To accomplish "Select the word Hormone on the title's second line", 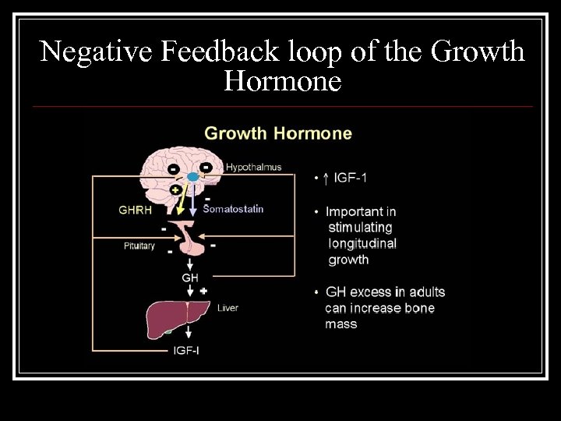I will point(282,80).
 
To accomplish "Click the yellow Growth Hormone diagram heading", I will point(278,133).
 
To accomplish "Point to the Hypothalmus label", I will point(253,167).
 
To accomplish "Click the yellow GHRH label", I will point(135,209).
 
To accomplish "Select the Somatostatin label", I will point(234,209).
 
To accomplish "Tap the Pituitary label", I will point(139,246).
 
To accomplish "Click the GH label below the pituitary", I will point(190,278).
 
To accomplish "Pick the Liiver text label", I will point(228,308).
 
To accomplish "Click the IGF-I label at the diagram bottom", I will point(186,350).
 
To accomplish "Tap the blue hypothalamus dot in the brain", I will point(192,177).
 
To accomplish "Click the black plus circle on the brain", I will point(175,190).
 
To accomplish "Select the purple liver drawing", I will point(178,318).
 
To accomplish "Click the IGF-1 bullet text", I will point(350,178).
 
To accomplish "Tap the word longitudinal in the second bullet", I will point(362,243).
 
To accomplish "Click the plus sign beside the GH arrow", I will point(203,290).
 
